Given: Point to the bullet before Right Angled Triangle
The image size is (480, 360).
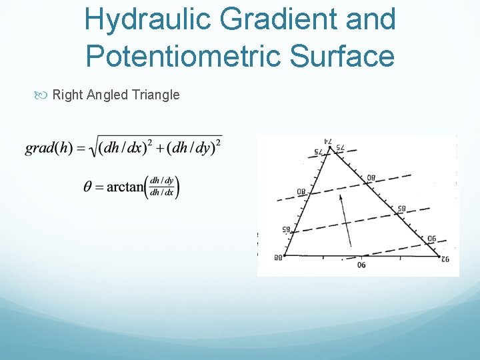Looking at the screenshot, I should [44, 95].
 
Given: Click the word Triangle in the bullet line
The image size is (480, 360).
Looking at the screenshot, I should [157, 95].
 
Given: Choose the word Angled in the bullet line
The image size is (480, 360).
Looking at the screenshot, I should [108, 95].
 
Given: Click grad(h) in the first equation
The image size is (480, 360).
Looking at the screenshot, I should [49, 148].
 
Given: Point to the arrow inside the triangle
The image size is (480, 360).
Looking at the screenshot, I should [344, 220].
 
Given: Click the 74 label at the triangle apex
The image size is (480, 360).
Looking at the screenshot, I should [328, 141].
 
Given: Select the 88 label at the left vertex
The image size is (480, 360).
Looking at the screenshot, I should [277, 258].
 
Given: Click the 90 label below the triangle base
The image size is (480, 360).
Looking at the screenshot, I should [361, 265].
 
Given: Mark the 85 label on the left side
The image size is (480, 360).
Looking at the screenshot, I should [285, 229].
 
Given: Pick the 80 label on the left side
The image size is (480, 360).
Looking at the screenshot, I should [301, 193].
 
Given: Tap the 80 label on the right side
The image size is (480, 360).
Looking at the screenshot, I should [371, 178].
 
